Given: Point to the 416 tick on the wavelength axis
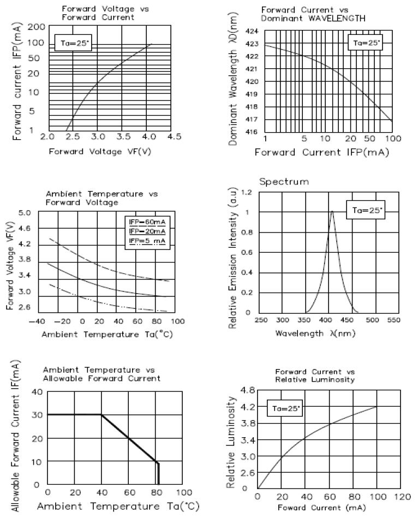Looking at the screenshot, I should click(251, 132).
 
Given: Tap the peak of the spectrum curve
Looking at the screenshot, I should click(331, 212).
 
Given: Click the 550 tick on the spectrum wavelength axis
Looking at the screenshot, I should click(393, 320).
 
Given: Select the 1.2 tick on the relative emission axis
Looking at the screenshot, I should click(247, 193).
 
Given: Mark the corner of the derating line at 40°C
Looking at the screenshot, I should click(101, 414).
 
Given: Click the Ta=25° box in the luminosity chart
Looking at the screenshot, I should click(283, 408).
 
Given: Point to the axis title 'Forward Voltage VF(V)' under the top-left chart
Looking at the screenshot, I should click(99, 151).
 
